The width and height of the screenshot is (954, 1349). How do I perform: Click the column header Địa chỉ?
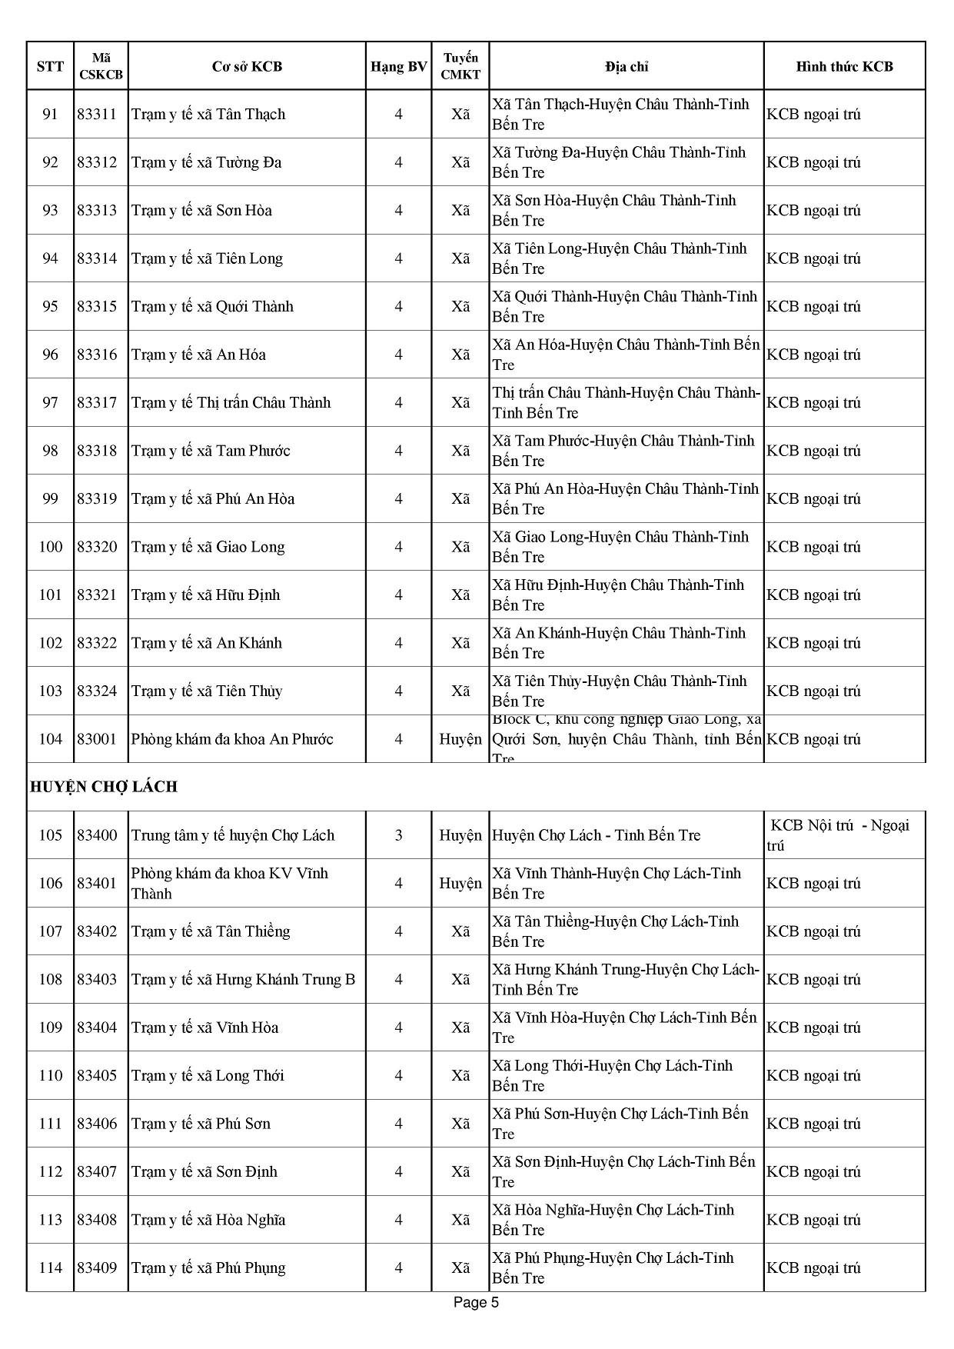(626, 67)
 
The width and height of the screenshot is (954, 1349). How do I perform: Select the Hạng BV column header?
(398, 67)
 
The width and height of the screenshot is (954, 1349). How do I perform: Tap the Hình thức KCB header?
(844, 67)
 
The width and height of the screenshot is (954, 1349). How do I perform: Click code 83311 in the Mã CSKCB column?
(97, 115)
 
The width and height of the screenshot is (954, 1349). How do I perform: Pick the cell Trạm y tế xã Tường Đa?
(206, 162)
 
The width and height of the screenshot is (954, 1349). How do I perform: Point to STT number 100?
(51, 547)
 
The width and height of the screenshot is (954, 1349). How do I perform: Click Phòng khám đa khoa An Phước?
(232, 739)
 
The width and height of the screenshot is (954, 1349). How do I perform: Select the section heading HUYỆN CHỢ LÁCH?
(104, 787)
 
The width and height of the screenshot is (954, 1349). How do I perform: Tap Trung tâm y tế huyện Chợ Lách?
(233, 835)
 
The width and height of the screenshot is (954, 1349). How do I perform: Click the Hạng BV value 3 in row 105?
(398, 835)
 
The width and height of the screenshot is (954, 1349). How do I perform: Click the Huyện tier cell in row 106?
(460, 884)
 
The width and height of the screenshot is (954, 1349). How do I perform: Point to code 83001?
(97, 739)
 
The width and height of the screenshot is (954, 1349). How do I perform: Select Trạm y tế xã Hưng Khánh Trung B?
(243, 980)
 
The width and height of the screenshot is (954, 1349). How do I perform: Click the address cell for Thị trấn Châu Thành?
(626, 403)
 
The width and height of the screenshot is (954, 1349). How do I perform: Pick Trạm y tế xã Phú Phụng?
(208, 1268)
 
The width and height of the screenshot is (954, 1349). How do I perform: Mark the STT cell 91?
(51, 115)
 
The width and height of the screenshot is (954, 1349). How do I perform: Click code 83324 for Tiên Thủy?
(97, 691)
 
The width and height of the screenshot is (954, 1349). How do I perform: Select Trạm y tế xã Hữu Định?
(205, 595)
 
